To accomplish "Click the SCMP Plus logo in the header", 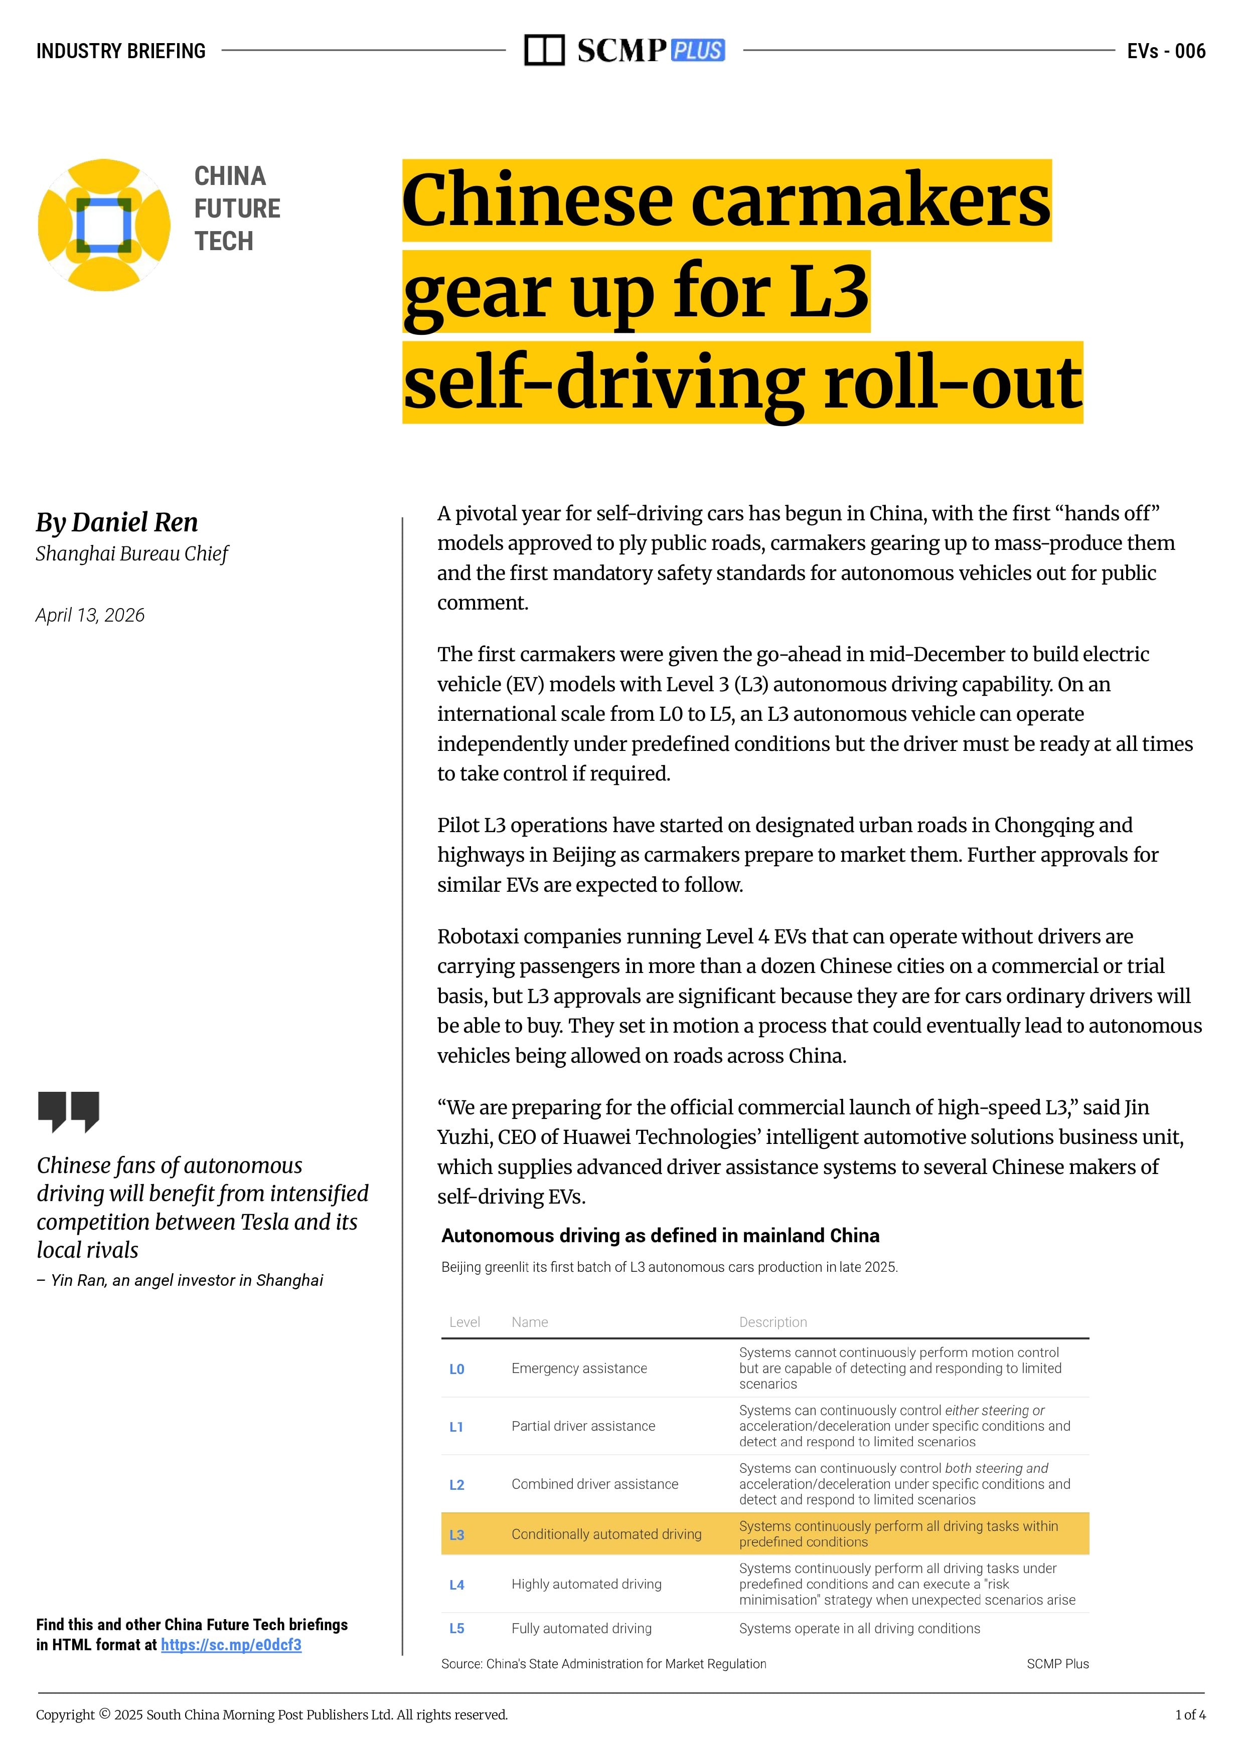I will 625,51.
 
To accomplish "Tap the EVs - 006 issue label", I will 1166,51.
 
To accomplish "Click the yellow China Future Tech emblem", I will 104,225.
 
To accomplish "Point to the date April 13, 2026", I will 90,616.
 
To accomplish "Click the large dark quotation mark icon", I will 68,1111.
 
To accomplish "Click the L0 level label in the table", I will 456,1369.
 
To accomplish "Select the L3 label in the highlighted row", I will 456,1534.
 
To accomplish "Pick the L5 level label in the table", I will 456,1628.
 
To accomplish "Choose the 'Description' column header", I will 773,1322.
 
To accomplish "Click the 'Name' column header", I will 529,1322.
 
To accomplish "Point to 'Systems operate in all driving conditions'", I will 859,1628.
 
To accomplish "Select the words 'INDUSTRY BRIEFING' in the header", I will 121,51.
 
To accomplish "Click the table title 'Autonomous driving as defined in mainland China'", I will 660,1236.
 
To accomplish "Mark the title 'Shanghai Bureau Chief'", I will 132,553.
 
